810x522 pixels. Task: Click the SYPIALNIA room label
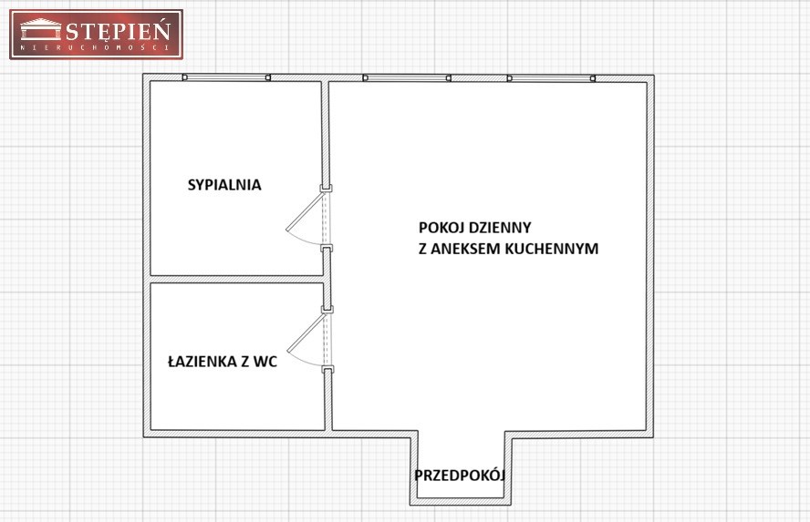[224, 185]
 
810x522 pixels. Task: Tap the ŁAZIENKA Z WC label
[223, 361]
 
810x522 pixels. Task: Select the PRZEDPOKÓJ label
[459, 475]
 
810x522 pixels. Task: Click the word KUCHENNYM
[551, 249]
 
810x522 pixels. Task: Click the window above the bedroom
[227, 77]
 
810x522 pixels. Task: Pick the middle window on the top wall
[407, 77]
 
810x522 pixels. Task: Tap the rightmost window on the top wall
[551, 77]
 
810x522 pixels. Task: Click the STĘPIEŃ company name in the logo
[119, 32]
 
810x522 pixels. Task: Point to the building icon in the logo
[41, 29]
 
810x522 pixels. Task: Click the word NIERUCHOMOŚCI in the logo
[96, 47]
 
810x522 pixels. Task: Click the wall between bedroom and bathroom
[236, 279]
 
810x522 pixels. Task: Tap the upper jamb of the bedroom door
[326, 189]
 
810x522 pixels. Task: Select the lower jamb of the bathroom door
[327, 369]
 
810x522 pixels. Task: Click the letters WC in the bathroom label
[265, 361]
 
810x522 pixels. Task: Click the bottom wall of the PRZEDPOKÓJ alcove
[461, 501]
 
